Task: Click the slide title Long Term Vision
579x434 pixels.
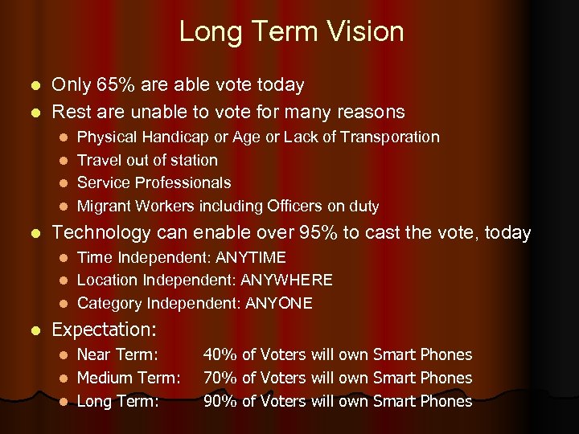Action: [x=291, y=32]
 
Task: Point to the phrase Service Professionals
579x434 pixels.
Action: [x=154, y=183]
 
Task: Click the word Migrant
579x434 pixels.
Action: [x=104, y=207]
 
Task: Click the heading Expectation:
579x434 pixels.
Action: [x=104, y=330]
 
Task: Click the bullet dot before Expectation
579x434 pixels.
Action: [x=33, y=330]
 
